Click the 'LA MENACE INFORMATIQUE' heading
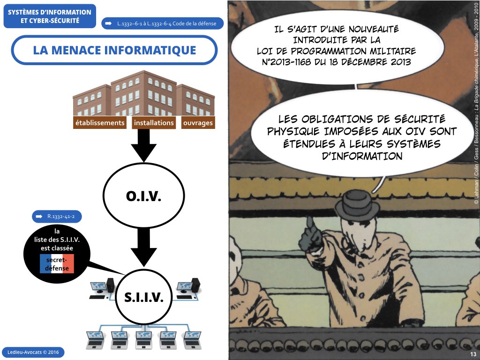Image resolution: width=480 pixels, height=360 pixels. (x=114, y=50)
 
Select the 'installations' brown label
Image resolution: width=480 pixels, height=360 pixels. (x=154, y=123)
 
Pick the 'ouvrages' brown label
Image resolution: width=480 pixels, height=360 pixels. (x=197, y=123)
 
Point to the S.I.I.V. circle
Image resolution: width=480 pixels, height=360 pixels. (x=143, y=297)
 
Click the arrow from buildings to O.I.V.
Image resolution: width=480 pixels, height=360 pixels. (x=143, y=150)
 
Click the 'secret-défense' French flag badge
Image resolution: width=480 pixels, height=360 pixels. (x=57, y=264)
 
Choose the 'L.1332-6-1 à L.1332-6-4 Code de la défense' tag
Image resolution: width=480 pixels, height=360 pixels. (x=162, y=23)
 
